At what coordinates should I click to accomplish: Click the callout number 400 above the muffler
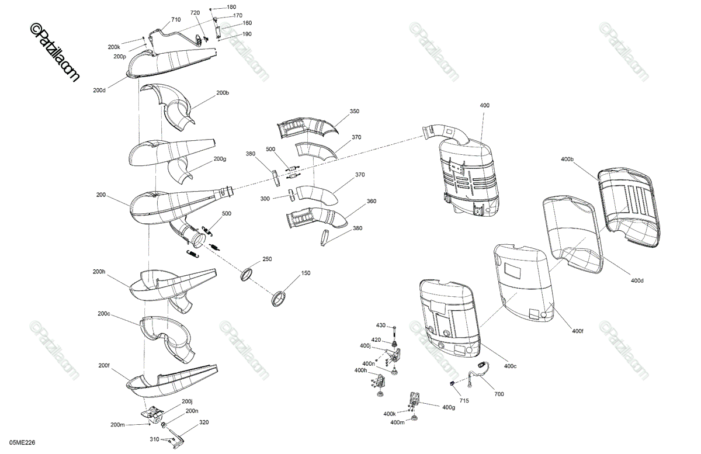click(484, 105)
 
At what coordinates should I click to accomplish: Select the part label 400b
click(567, 159)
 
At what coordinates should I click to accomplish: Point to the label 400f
click(577, 331)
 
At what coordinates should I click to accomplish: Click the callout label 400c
click(510, 366)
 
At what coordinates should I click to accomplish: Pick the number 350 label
click(355, 111)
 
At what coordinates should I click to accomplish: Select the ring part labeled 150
click(281, 298)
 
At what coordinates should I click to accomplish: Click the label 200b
click(223, 93)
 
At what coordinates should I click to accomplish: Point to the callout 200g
click(220, 159)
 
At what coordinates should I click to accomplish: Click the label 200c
click(104, 314)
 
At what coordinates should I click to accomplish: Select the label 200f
click(104, 365)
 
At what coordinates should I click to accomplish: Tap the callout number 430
click(381, 325)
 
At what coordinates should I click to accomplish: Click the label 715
click(463, 401)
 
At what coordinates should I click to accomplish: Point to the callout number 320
click(203, 422)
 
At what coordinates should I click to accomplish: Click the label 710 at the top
click(176, 20)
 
